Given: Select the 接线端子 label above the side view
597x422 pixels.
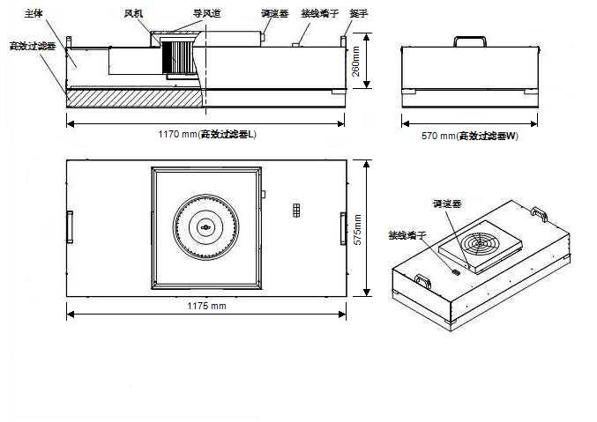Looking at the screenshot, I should tap(319, 15).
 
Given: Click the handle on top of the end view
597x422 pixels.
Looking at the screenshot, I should tap(469, 40).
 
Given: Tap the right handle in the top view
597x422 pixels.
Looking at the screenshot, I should tap(342, 226).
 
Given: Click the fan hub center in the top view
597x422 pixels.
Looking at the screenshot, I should tap(206, 228).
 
